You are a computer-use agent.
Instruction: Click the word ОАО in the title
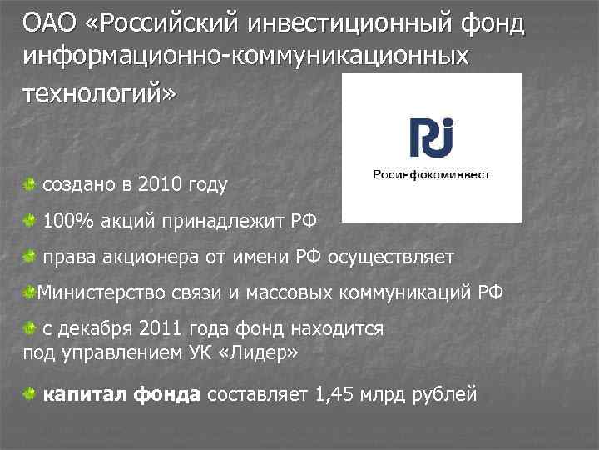(49, 22)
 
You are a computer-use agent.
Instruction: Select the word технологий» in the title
(100, 93)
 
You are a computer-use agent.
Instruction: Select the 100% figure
(67, 221)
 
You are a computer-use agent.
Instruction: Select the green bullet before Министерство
(30, 293)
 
